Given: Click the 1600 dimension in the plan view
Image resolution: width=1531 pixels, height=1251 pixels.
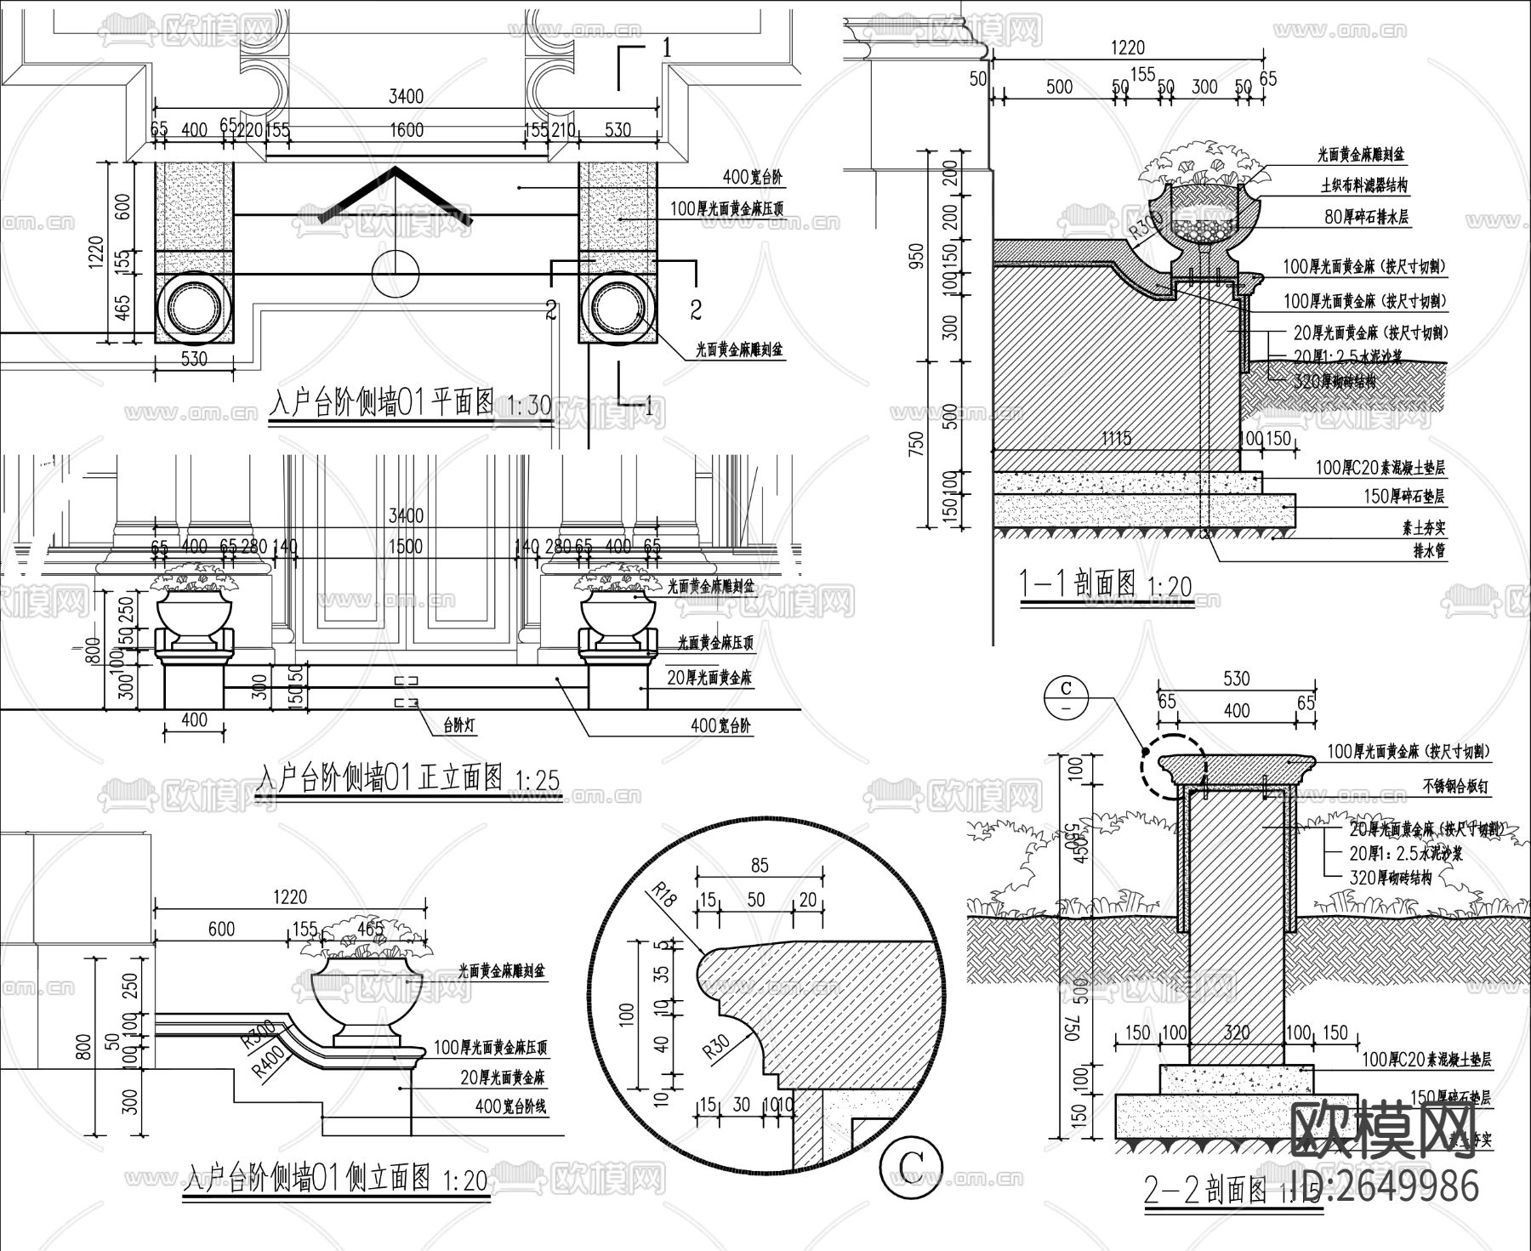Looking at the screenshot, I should [407, 129].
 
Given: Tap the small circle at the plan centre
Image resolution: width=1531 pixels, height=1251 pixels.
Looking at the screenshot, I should [396, 273].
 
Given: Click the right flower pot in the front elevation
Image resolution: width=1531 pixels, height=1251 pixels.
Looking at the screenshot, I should [618, 616].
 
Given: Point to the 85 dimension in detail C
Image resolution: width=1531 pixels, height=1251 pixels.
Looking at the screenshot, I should [760, 865].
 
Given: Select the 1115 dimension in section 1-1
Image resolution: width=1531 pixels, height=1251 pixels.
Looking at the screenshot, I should [1116, 438].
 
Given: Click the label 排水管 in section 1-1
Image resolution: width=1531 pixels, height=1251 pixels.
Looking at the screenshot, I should [1429, 550].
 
